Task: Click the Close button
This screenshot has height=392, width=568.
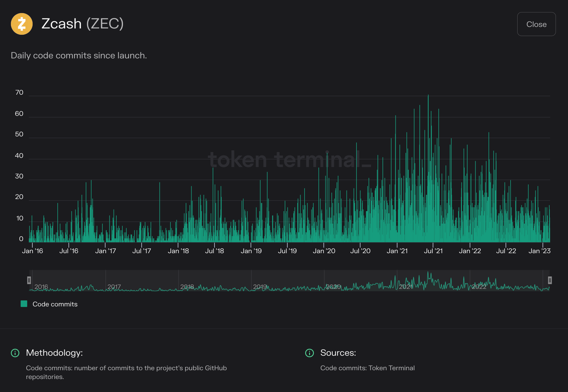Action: click(536, 24)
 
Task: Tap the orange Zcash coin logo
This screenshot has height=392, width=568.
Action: click(22, 24)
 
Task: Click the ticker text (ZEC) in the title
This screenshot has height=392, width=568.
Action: click(105, 24)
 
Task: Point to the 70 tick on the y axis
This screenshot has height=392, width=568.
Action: click(19, 93)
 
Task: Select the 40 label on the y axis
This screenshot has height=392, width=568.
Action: click(19, 156)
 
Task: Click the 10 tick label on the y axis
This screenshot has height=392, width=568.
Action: click(20, 218)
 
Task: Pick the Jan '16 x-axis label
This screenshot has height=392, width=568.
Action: click(33, 251)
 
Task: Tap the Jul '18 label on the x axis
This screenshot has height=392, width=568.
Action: click(215, 251)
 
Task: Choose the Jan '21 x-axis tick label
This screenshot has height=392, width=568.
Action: click(397, 251)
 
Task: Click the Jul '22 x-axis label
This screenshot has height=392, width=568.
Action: click(506, 251)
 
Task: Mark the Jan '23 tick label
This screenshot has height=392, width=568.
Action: click(540, 251)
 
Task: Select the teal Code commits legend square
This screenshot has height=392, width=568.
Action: click(24, 304)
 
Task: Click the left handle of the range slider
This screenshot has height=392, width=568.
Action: click(29, 280)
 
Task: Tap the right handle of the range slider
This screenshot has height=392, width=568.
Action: click(550, 280)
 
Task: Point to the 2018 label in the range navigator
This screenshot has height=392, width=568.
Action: click(187, 287)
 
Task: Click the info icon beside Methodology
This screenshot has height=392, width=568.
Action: click(15, 353)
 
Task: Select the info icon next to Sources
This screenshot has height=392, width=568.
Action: click(309, 353)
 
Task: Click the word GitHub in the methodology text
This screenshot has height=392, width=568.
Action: click(216, 368)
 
